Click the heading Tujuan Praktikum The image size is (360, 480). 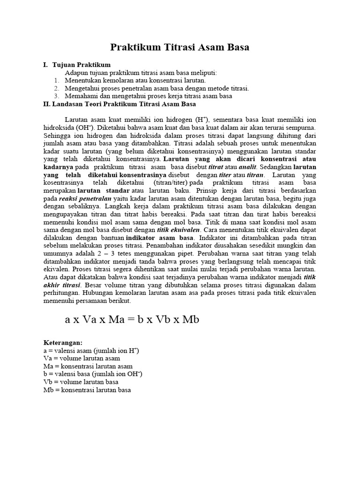pyautogui.click(x=82, y=65)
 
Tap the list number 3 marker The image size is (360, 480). pyautogui.click(x=56, y=96)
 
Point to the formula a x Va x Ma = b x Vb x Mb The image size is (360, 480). pyautogui.click(x=132, y=320)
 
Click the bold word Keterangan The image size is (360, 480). pyautogui.click(x=62, y=343)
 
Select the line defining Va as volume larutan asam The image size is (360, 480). pyautogui.click(x=82, y=358)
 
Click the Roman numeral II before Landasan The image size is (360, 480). pyautogui.click(x=47, y=104)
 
